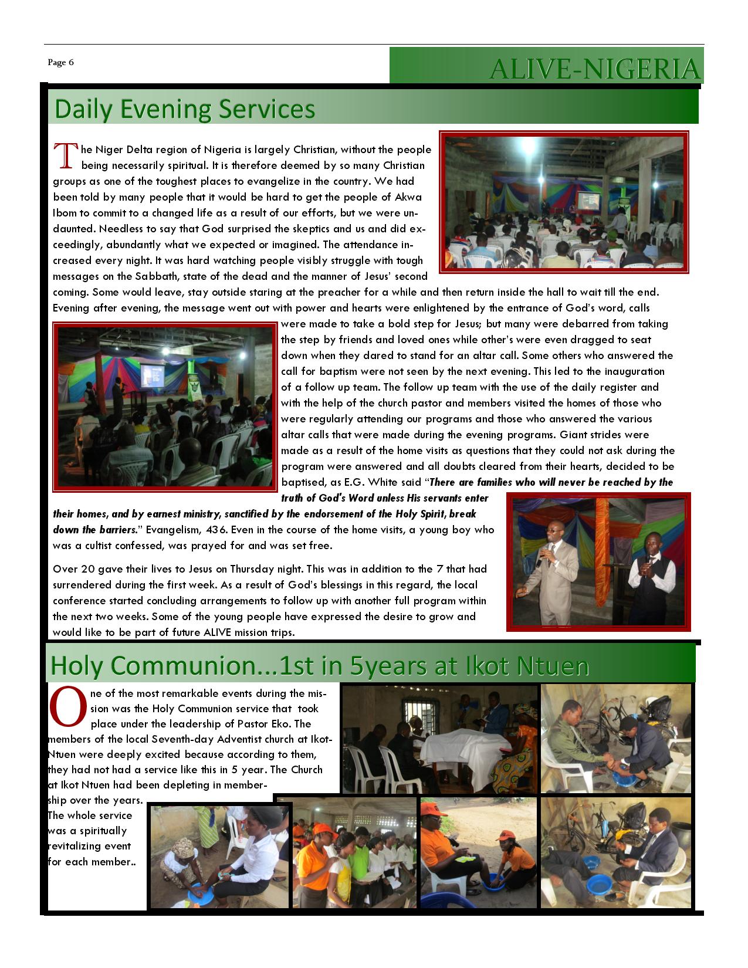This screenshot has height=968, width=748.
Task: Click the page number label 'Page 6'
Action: tap(61, 63)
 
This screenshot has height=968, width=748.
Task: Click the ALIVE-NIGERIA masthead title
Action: tap(595, 69)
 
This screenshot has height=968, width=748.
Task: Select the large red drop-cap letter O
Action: tap(68, 706)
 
